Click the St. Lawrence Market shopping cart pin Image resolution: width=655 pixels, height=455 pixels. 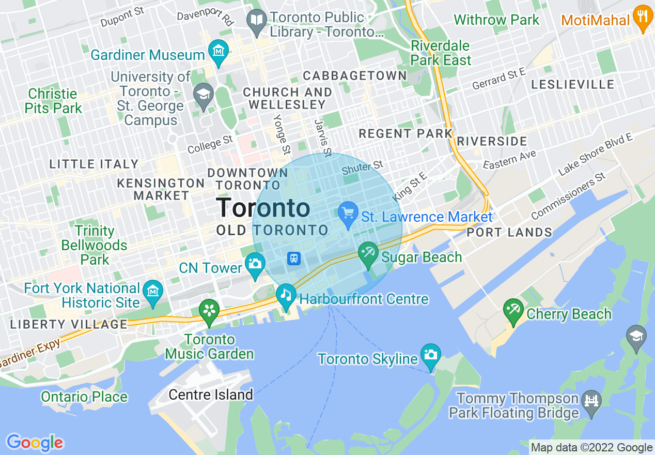click(x=348, y=213)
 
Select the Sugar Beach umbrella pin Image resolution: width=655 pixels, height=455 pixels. click(x=368, y=254)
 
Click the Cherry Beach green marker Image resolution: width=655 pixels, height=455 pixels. click(x=513, y=311)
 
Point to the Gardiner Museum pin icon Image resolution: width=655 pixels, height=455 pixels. click(x=219, y=52)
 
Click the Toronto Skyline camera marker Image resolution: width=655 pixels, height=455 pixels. click(x=430, y=355)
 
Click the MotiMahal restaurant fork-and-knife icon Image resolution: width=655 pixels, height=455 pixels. click(x=643, y=18)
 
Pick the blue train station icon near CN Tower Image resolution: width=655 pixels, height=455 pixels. click(x=294, y=257)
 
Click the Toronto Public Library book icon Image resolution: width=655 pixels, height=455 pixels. click(x=256, y=21)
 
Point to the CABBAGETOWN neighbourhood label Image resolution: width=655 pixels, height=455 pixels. click(x=355, y=75)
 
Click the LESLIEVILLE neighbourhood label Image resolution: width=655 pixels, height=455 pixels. click(x=572, y=84)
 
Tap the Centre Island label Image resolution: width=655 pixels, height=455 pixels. click(x=211, y=395)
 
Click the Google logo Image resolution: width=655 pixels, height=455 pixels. click(x=35, y=443)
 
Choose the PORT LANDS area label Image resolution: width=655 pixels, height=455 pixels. click(x=509, y=232)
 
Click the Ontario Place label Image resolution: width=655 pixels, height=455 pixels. click(x=84, y=397)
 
